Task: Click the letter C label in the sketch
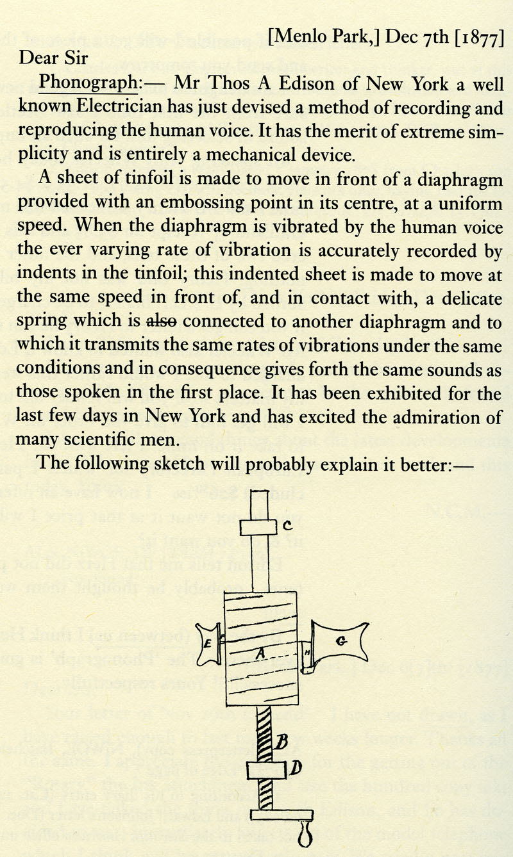click(x=288, y=526)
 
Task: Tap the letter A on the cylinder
click(x=259, y=653)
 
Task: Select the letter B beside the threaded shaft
click(x=280, y=743)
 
